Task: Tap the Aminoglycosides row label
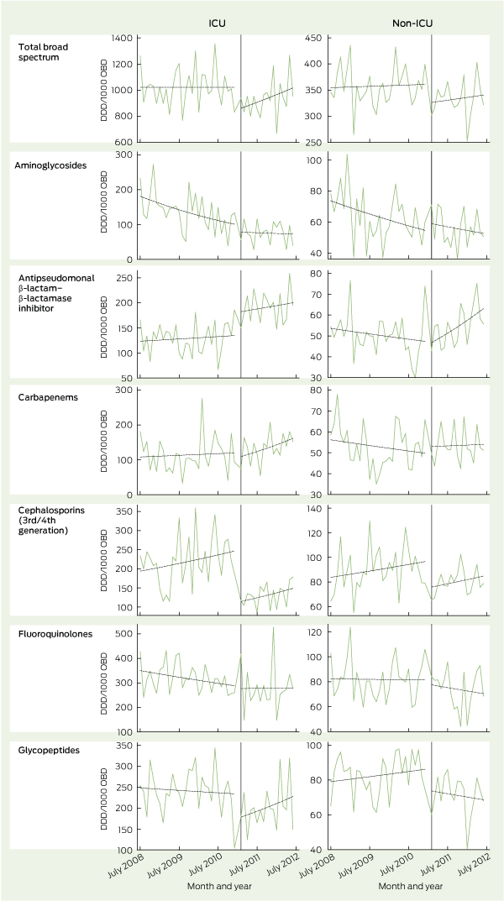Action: pyautogui.click(x=56, y=166)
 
